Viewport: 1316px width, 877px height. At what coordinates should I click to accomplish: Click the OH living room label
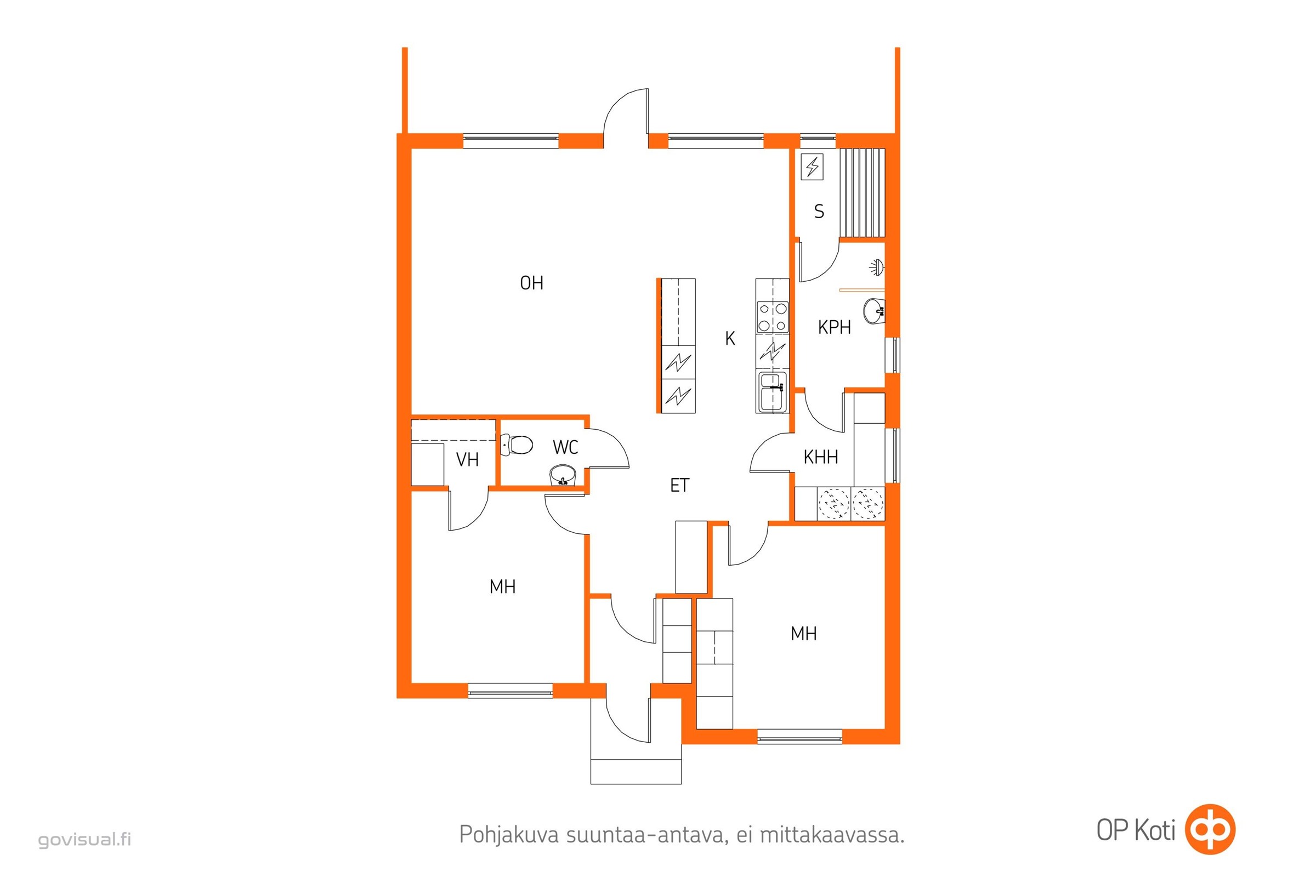[531, 283]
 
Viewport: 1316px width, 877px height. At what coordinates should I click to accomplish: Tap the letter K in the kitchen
[730, 338]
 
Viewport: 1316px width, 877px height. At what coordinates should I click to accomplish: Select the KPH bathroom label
[834, 327]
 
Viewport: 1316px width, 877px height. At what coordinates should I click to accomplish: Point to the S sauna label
[819, 212]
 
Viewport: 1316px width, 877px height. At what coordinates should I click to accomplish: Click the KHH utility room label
[821, 457]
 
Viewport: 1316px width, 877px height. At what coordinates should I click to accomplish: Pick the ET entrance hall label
[680, 485]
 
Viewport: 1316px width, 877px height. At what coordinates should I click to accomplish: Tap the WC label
[565, 447]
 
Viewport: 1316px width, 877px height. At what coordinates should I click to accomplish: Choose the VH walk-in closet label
[467, 460]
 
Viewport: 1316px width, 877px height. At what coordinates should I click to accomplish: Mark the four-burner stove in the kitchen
[773, 317]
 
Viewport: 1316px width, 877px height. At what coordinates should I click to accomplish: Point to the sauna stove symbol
[813, 167]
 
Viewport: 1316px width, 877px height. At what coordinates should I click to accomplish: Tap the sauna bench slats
[863, 193]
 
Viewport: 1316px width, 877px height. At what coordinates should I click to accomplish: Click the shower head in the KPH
[877, 267]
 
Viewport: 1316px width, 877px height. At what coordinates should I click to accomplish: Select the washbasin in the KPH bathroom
[874, 311]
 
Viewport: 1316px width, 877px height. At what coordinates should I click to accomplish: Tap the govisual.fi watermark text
[84, 840]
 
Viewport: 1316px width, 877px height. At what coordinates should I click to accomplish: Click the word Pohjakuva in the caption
[509, 834]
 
